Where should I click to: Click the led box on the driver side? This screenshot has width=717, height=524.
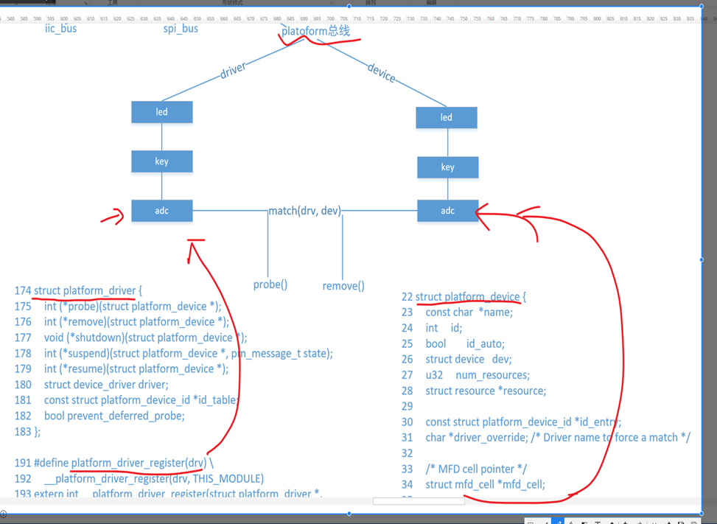point(162,112)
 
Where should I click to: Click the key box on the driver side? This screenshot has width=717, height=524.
point(162,161)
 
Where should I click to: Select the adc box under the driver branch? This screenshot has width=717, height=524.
point(162,211)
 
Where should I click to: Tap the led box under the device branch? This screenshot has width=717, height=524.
point(447,117)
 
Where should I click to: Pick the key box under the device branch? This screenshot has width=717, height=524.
point(447,167)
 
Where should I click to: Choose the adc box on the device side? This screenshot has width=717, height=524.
point(447,211)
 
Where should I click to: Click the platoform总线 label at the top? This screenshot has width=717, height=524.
point(315,31)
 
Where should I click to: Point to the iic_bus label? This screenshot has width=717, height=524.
point(60,28)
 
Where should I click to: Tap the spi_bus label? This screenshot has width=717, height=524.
point(181,29)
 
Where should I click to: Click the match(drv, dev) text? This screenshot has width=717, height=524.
point(304,211)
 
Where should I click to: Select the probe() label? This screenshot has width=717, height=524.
point(270,284)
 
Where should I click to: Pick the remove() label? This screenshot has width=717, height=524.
point(343,285)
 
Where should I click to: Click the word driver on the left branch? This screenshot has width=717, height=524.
point(233,71)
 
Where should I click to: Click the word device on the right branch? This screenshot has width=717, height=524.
point(381,72)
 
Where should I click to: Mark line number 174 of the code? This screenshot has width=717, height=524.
point(23,290)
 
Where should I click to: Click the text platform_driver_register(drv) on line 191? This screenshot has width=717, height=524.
point(139,463)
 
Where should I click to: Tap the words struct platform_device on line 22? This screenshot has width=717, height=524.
point(467,296)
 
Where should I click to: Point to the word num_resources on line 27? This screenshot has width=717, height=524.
point(492,375)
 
